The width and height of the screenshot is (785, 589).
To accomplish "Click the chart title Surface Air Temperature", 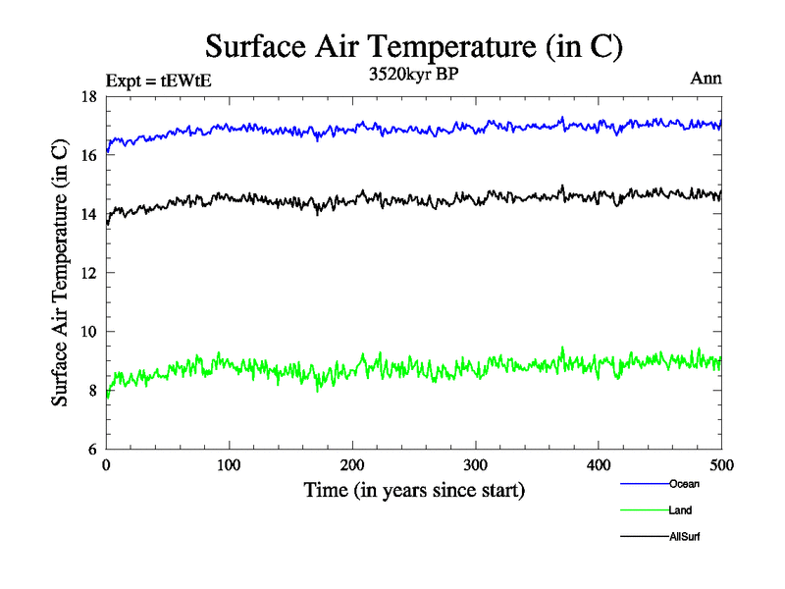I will [413, 46].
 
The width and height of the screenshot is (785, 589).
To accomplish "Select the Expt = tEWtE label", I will [158, 80].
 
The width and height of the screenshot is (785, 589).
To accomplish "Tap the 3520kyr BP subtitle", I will [413, 74].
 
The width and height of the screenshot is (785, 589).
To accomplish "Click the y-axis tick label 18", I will [86, 96].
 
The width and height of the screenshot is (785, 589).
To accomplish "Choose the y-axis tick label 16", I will [86, 155].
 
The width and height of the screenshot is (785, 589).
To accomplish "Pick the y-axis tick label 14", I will [86, 214].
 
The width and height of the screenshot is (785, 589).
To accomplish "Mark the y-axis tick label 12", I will [86, 273].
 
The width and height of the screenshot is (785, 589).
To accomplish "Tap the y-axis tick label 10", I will [86, 332].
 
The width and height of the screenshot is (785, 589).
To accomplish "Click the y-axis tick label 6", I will [90, 450].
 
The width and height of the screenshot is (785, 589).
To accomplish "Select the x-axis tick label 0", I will [106, 465].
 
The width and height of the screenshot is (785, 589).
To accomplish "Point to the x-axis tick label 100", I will [229, 465].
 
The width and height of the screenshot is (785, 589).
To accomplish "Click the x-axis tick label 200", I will [352, 465].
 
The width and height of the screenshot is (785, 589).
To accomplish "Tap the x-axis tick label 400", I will [599, 465].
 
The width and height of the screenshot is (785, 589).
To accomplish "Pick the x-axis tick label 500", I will [721, 465].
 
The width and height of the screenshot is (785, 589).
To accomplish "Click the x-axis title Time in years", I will [413, 490].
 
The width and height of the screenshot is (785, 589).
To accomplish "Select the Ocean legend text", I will [684, 484].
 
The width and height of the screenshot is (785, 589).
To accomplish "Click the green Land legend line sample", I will [644, 510].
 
